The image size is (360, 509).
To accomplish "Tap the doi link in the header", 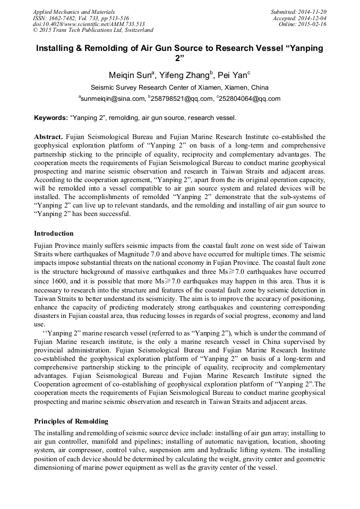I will pyautogui.click(x=89, y=24).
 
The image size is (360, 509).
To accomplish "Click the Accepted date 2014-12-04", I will pyautogui.click(x=312, y=18).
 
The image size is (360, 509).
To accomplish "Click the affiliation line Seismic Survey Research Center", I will pyautogui.click(x=179, y=88).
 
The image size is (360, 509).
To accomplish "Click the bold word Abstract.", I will pyautogui.click(x=48, y=137).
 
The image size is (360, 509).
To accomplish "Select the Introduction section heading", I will pyautogui.click(x=54, y=234).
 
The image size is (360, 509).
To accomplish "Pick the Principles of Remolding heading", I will pyautogui.click(x=71, y=421).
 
